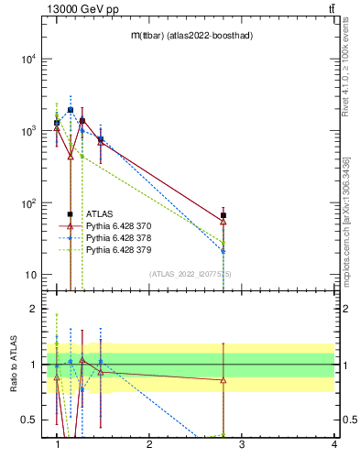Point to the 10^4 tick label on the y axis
tap(29, 60)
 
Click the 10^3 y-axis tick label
tap(29, 131)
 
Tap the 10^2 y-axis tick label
tap(29, 203)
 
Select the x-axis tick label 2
tap(149, 444)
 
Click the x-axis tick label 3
tap(242, 444)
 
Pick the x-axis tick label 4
tap(333, 444)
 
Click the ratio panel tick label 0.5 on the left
tap(29, 420)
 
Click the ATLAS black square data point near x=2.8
tap(224, 215)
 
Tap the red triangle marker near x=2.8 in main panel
tap(224, 222)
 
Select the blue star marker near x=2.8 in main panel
tap(224, 250)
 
